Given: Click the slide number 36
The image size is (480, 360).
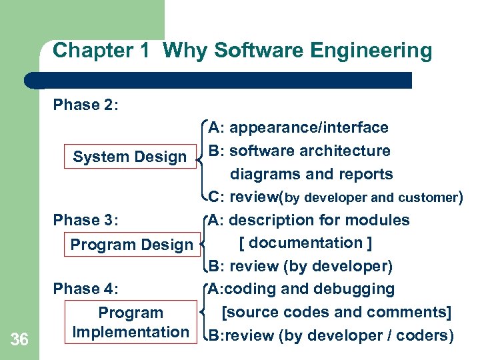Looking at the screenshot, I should (20, 340).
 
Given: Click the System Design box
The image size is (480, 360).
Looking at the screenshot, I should (130, 157).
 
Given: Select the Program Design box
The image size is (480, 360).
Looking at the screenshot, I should (131, 245).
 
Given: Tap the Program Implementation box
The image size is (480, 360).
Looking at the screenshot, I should (131, 322).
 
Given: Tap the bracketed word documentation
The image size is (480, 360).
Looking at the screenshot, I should (305, 243).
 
